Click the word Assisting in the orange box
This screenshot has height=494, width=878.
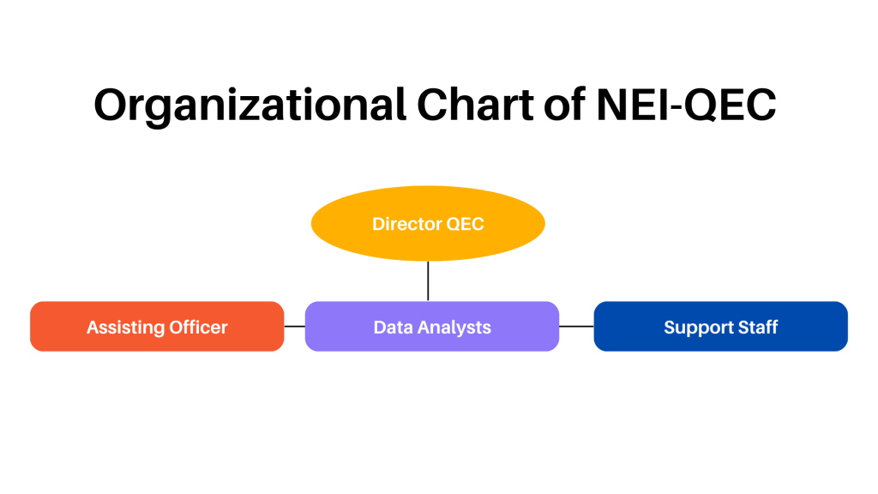coord(122,327)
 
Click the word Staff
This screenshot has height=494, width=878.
coord(759,327)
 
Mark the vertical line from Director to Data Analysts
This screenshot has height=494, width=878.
coord(428,281)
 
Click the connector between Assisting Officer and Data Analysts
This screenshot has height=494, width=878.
coord(294,326)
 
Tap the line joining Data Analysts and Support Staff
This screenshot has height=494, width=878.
coord(576,326)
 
